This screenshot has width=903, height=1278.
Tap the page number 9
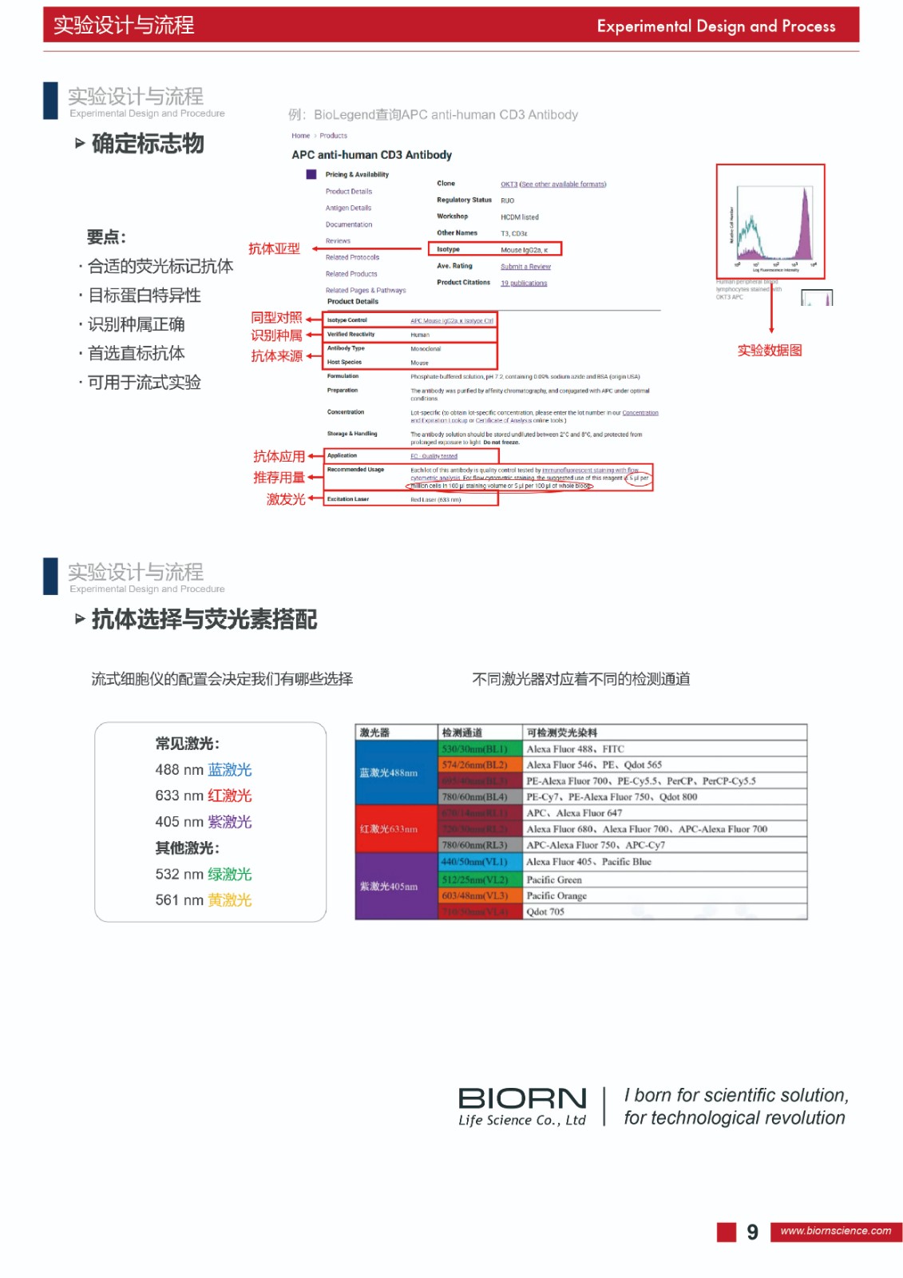click(752, 1232)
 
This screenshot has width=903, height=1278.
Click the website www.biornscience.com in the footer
click(835, 1231)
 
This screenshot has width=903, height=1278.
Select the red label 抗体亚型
click(274, 249)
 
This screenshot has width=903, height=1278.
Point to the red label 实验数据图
click(769, 351)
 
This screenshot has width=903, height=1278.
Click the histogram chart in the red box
click(770, 221)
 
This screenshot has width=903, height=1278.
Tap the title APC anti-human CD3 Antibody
click(371, 155)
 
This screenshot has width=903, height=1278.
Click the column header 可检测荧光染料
click(562, 732)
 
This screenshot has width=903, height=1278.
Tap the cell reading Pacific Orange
click(556, 896)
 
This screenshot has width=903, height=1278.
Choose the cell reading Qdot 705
click(545, 912)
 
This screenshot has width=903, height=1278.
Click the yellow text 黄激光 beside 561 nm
click(230, 900)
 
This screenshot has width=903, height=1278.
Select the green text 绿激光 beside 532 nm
click(230, 875)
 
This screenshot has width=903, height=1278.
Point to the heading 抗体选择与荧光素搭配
click(204, 620)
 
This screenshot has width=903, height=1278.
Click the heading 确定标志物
click(148, 144)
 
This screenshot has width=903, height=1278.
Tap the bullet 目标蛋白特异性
click(144, 296)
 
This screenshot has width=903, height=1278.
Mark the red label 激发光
click(286, 499)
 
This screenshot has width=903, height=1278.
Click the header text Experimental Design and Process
click(715, 26)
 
